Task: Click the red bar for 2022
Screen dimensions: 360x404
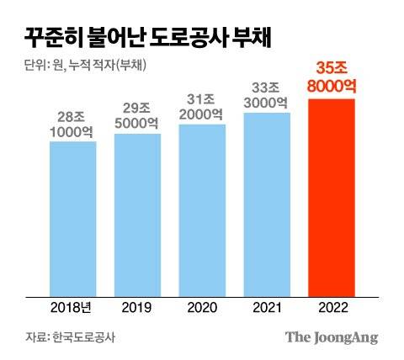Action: point(332,198)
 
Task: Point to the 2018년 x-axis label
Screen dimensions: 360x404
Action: point(72,308)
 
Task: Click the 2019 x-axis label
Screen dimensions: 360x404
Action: point(137,308)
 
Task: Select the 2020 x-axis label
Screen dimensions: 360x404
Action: point(202,308)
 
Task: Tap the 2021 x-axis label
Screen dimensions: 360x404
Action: point(267,308)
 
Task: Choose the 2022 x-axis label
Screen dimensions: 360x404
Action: point(332,308)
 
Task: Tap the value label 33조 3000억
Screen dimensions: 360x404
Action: point(267,93)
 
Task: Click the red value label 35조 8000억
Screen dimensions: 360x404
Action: point(332,78)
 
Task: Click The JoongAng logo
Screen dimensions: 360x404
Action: point(331,337)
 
